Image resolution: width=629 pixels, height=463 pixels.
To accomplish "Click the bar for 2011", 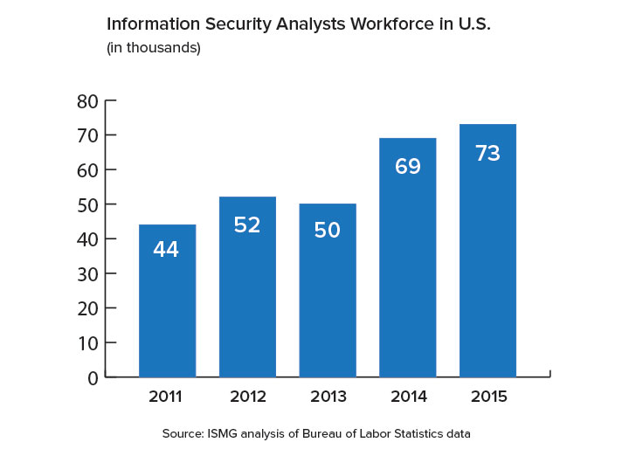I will pyautogui.click(x=167, y=301).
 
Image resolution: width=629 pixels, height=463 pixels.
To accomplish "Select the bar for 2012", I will pyautogui.click(x=247, y=288).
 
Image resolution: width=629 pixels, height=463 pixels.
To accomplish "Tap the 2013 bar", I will pyautogui.click(x=328, y=291).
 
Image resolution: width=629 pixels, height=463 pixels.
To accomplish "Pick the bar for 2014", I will pyautogui.click(x=408, y=258).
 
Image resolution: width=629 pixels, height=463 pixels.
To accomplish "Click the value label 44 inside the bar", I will pyautogui.click(x=166, y=250).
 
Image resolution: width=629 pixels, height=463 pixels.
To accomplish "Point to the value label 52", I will pyautogui.click(x=247, y=225).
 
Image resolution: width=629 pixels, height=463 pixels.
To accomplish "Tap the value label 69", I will pyautogui.click(x=408, y=166).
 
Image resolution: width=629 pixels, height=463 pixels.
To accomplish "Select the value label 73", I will pyautogui.click(x=487, y=154).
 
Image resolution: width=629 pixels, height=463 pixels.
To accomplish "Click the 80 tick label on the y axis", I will pyautogui.click(x=86, y=101).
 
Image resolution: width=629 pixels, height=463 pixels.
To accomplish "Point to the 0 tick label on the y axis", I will pyautogui.click(x=92, y=377).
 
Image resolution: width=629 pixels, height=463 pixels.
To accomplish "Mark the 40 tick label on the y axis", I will pyautogui.click(x=86, y=239).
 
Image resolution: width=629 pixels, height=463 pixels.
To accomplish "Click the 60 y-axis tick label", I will pyautogui.click(x=86, y=170).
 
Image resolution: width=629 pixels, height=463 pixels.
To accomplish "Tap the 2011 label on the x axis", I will pyautogui.click(x=165, y=397).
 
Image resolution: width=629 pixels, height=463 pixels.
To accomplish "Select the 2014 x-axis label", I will pyautogui.click(x=408, y=397).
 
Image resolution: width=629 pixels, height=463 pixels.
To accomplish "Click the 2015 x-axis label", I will pyautogui.click(x=487, y=397).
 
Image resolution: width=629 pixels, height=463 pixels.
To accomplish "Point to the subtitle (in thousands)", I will pyautogui.click(x=154, y=48).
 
